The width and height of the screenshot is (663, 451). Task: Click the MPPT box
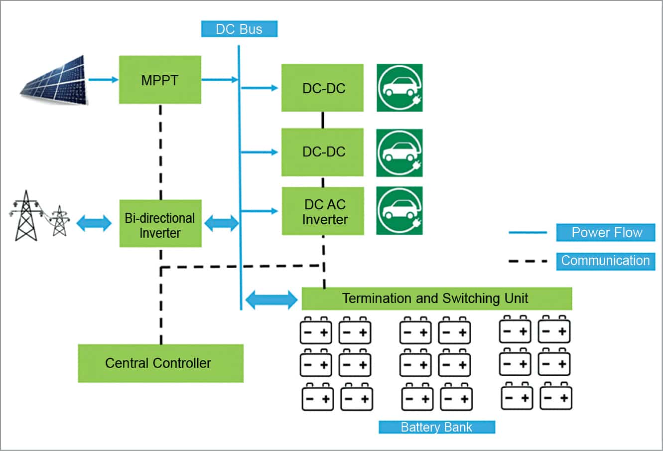[159, 80]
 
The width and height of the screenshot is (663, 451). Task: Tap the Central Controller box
[160, 363]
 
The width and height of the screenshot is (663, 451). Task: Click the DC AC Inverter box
[323, 211]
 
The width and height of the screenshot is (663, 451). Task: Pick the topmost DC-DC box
[322, 88]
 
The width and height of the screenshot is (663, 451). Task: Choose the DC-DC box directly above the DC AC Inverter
[322, 152]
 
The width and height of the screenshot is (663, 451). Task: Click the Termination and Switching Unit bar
[436, 299]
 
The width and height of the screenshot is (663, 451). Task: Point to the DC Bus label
[239, 29]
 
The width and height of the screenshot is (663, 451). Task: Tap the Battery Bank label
[436, 427]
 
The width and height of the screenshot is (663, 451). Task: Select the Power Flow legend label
[605, 233]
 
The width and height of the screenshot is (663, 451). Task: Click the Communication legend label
[605, 261]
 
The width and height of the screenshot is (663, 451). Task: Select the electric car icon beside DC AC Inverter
[399, 211]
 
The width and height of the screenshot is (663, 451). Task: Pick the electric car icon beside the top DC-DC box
[399, 88]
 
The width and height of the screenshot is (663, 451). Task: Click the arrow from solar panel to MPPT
[103, 79]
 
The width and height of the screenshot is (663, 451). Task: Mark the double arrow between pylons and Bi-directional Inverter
[94, 223]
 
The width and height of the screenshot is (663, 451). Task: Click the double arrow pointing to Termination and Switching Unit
[271, 300]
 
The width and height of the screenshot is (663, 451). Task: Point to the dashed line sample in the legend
[528, 261]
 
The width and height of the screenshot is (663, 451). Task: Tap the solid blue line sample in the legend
[528, 233]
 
